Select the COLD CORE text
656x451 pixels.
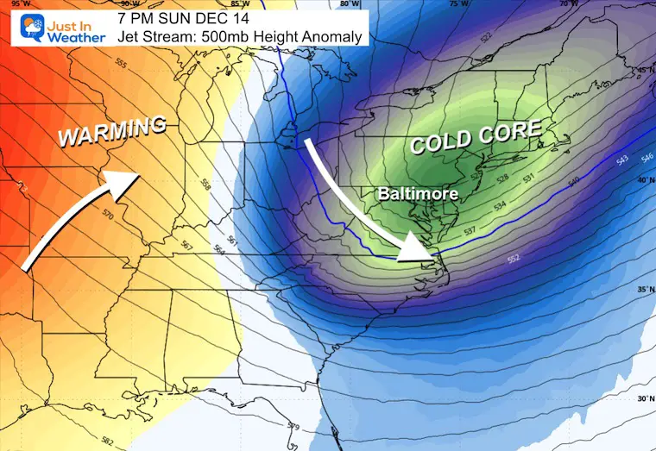pos(476,138)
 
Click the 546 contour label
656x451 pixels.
pos(647,157)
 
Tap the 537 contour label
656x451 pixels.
pos(470,232)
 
